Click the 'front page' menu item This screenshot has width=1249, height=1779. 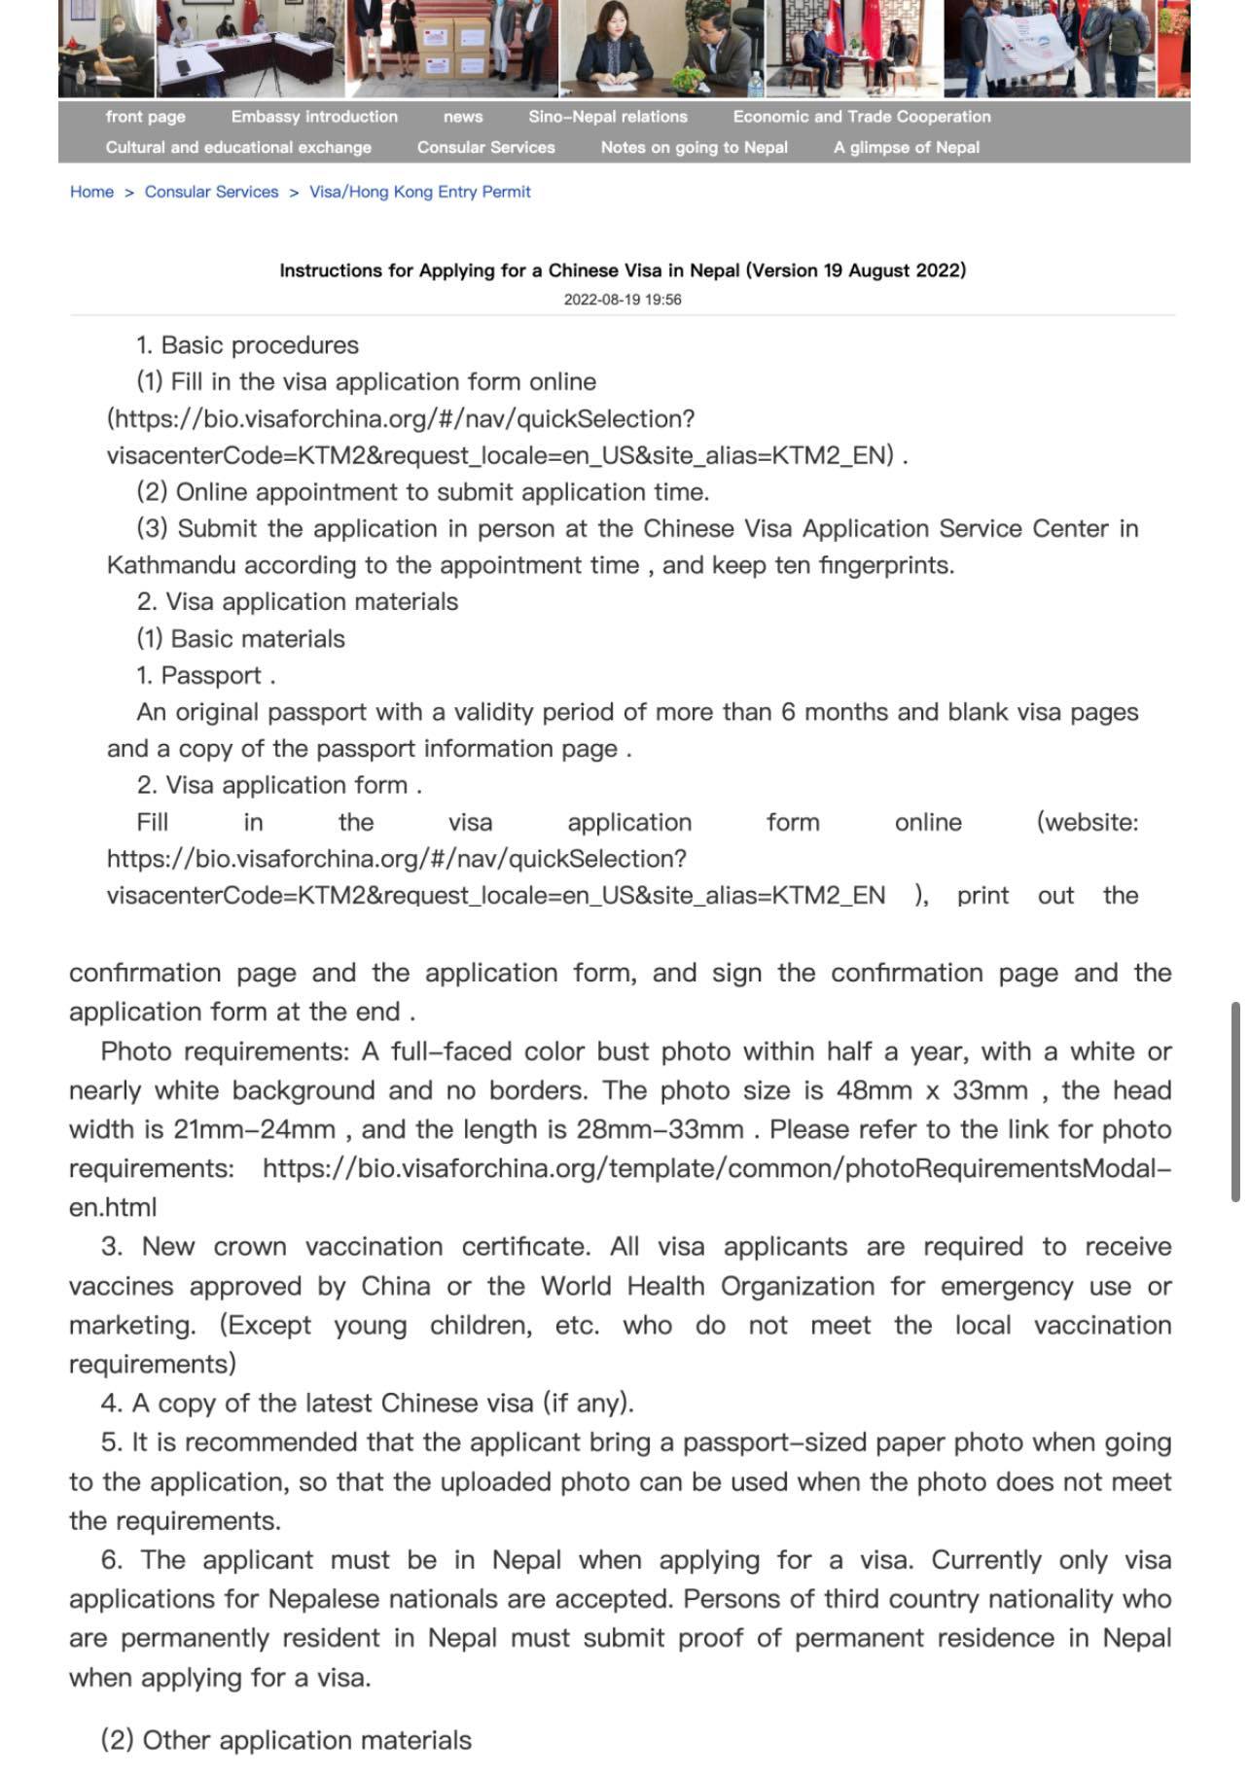point(145,117)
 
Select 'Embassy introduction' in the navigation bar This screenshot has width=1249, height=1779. point(314,117)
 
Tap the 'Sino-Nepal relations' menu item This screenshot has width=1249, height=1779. point(608,117)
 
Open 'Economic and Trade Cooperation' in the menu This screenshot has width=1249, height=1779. point(862,117)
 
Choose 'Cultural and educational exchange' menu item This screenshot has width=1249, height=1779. point(238,148)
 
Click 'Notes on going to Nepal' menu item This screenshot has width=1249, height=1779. point(694,148)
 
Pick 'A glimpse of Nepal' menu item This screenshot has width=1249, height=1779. point(906,148)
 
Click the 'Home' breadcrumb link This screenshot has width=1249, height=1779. point(91,192)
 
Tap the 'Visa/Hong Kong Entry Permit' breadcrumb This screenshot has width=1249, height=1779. point(419,192)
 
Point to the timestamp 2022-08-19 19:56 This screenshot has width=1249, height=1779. point(623,300)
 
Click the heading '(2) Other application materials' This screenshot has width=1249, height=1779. point(286,1740)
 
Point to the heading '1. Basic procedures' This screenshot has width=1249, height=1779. point(247,345)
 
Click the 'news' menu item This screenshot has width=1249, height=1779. point(463,117)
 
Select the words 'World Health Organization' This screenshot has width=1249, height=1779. point(707,1286)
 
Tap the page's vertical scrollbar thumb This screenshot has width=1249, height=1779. point(1235,1101)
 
